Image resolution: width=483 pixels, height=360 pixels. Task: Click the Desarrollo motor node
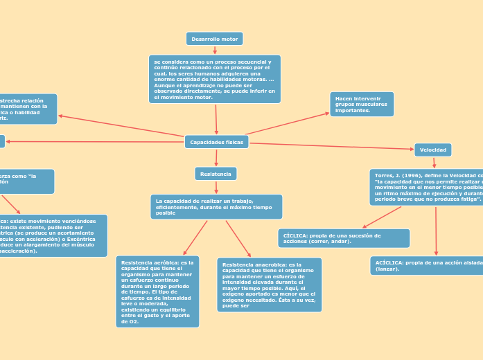[x=214, y=39]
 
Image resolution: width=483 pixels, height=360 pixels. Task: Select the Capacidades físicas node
[x=216, y=142]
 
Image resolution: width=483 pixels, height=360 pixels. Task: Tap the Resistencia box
[x=216, y=174]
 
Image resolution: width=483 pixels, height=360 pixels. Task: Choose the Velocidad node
[x=432, y=150]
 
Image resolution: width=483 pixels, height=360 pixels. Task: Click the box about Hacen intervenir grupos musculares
[x=361, y=105]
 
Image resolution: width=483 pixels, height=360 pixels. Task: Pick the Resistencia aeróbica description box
[x=157, y=291]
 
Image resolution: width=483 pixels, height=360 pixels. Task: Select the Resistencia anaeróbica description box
[x=269, y=285]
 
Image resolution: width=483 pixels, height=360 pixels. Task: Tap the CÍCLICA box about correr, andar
[x=344, y=238]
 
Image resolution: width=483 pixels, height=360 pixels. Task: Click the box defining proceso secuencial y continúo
[x=215, y=79]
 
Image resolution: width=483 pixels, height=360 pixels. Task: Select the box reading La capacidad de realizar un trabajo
[x=216, y=206]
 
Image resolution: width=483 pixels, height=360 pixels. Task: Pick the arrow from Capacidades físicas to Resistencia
[x=216, y=158]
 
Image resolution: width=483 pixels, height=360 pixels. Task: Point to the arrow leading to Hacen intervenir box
[x=288, y=123]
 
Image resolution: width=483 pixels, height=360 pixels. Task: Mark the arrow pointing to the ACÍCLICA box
[x=436, y=231]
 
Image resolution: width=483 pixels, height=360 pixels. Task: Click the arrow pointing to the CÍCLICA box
[x=381, y=217]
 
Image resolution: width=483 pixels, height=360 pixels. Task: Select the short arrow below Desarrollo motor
[x=215, y=50]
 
